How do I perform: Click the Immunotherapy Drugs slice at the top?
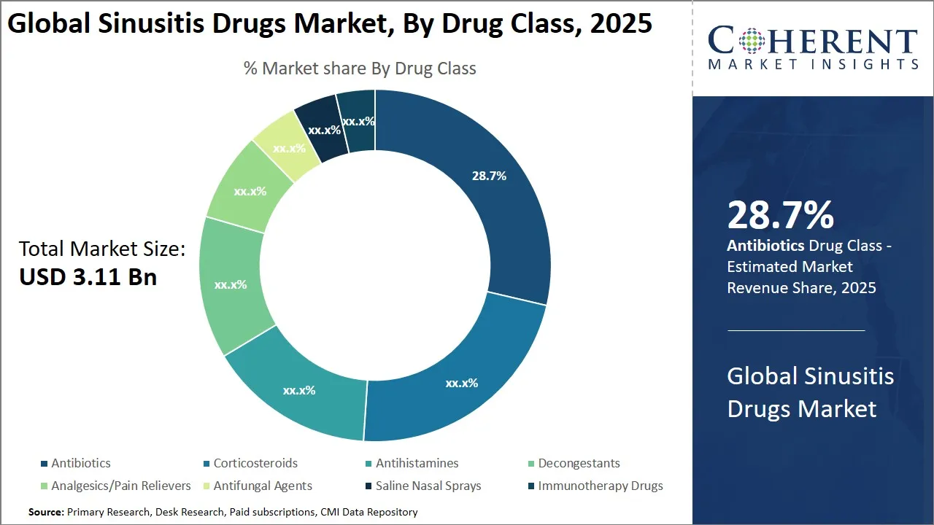(x=358, y=120)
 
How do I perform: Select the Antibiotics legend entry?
(x=80, y=463)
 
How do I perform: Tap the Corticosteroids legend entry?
(x=255, y=463)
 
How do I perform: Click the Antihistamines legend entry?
(x=417, y=463)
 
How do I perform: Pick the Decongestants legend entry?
(x=579, y=463)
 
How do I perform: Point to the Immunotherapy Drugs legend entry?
(x=600, y=486)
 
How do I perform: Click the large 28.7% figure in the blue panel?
(x=780, y=215)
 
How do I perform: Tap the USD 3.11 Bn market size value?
(x=88, y=278)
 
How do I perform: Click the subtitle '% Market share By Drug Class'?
(x=360, y=69)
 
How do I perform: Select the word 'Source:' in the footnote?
(x=46, y=513)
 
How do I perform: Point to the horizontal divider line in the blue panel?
(x=795, y=330)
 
